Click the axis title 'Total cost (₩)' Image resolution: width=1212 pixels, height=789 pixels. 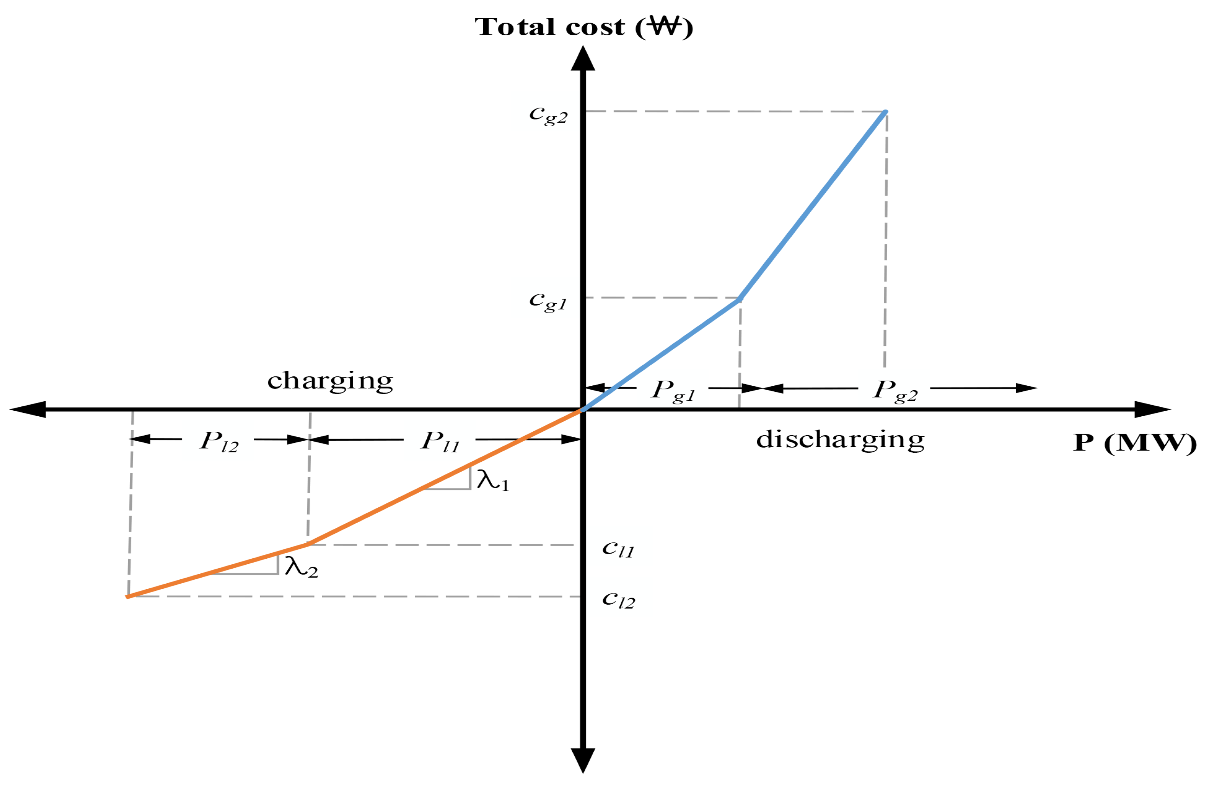pos(583,27)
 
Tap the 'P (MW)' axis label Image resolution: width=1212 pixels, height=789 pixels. pos(1134,443)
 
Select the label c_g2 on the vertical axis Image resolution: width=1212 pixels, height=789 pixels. pos(548,114)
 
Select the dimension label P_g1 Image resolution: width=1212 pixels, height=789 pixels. pos(673,391)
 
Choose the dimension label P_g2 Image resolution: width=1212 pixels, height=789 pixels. pos(895,391)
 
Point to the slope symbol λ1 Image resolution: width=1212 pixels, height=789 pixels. pos(492,480)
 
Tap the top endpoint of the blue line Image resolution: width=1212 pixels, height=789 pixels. pos(885,112)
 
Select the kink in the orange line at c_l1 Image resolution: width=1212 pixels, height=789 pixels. pos(308,544)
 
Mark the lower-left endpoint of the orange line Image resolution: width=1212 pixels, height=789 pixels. pos(128,597)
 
